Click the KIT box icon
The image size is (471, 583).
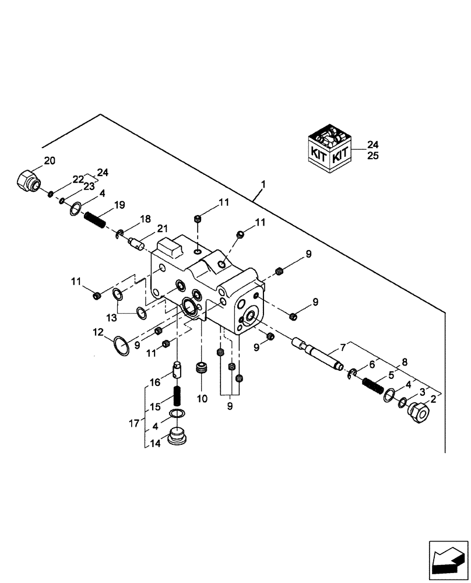pos(329,150)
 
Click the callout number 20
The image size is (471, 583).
pos(50,161)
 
